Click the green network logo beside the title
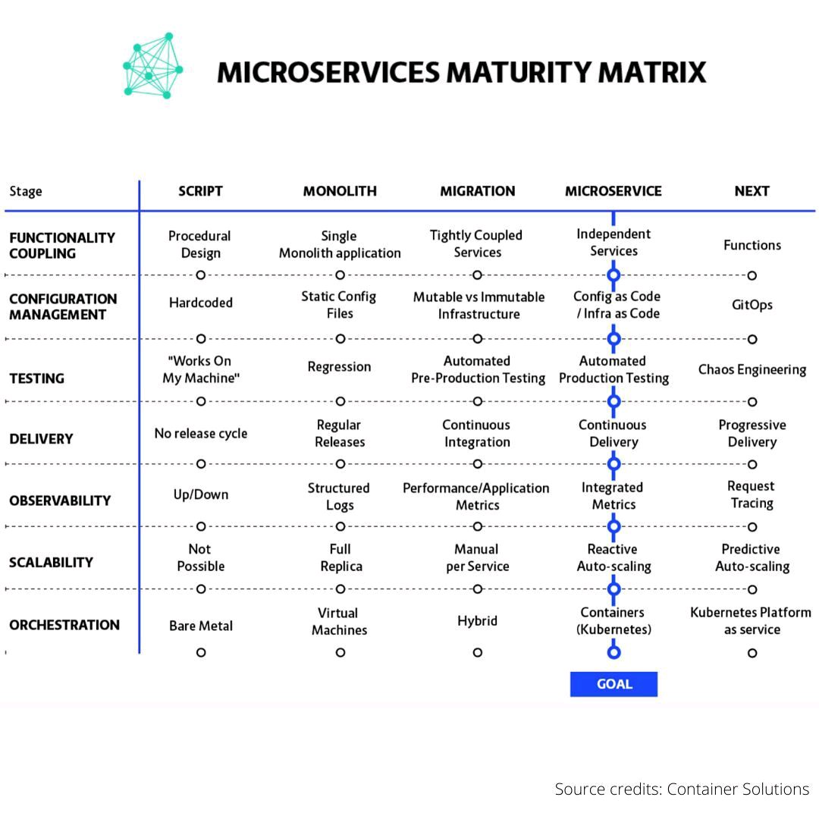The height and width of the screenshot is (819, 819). [x=152, y=66]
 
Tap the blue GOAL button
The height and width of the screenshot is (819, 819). [x=613, y=684]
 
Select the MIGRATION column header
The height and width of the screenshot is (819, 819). [x=477, y=191]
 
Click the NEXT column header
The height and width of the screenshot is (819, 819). [x=752, y=191]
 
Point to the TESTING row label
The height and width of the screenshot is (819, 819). [x=36, y=378]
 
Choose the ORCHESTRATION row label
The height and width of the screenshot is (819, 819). [x=64, y=625]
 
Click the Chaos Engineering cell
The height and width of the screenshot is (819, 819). [x=752, y=369]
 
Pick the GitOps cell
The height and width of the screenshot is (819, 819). [x=752, y=305]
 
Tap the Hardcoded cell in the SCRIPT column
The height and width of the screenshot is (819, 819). [x=200, y=303]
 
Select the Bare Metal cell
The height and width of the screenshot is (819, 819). [x=200, y=626]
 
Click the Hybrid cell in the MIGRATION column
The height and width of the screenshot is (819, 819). [x=477, y=621]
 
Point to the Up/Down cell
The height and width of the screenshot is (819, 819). [x=200, y=494]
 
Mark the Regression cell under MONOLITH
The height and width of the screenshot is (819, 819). [x=339, y=367]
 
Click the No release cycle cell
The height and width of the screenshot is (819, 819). [x=200, y=434]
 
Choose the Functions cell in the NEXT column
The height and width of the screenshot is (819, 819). [x=752, y=245]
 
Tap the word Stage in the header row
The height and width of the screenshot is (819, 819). [x=26, y=191]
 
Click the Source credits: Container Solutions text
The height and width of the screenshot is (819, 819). [x=681, y=789]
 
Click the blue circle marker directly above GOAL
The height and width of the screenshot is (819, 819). [x=613, y=652]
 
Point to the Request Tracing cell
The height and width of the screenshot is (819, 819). [x=751, y=494]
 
